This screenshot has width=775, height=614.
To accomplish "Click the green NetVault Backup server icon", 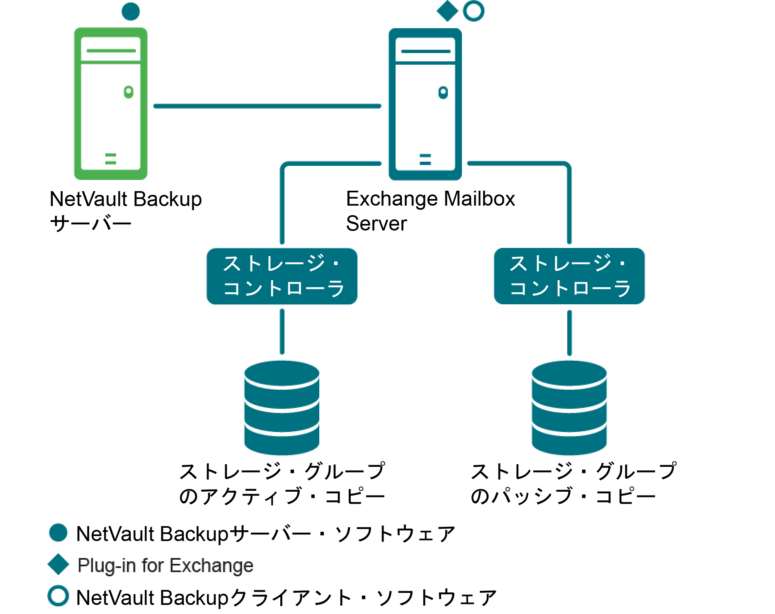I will click(x=111, y=104).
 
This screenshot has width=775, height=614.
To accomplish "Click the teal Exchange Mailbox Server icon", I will click(x=425, y=104).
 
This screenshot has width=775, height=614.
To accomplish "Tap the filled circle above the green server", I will click(x=131, y=11).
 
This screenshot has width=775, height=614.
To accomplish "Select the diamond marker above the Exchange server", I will click(x=447, y=11).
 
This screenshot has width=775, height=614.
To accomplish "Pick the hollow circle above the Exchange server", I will click(x=473, y=11).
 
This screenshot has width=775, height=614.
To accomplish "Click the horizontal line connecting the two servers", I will click(x=267, y=106).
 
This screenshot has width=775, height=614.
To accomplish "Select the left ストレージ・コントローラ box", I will click(x=282, y=276).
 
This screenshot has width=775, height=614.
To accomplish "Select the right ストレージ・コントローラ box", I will click(x=569, y=276).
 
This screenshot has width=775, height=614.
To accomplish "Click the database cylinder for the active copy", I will click(x=282, y=408).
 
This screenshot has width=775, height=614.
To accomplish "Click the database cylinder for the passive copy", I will click(x=569, y=408).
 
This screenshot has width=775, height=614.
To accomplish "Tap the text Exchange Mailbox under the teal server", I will click(x=430, y=199).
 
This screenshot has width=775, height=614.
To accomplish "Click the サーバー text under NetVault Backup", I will click(x=90, y=224).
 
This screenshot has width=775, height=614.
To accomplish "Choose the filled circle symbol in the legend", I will click(x=58, y=533).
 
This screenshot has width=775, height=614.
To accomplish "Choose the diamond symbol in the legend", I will click(x=58, y=564).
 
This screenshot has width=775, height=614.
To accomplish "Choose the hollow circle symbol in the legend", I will click(x=58, y=596).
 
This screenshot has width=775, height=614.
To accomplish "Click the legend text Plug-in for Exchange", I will click(x=165, y=565).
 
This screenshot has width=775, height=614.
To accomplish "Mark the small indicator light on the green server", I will click(x=129, y=92).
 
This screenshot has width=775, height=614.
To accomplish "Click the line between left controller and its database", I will click(x=282, y=332).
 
